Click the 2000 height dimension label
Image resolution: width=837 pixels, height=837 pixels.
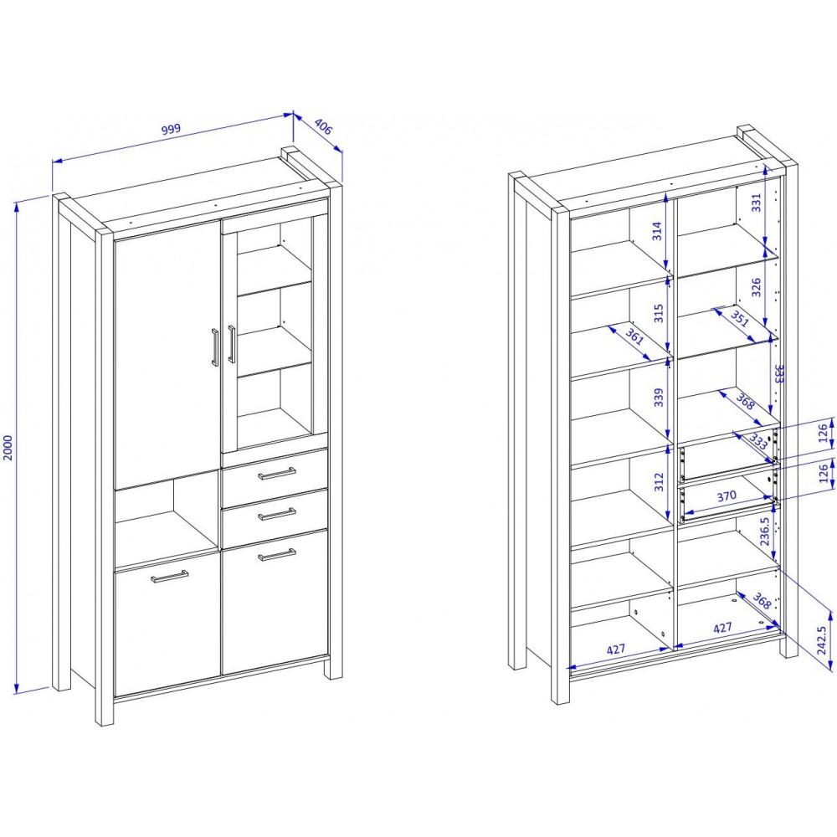pos(8,447)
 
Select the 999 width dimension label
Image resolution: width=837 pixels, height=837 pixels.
pos(172,129)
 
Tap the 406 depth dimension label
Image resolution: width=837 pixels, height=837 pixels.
pos(323,127)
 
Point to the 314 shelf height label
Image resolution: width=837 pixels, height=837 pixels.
pos(657,231)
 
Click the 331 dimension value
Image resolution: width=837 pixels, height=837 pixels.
pos(756,203)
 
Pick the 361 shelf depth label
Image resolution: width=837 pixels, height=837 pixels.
pos(634,337)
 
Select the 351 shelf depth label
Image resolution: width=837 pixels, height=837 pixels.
pos(740,319)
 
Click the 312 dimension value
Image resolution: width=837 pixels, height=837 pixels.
pos(659,482)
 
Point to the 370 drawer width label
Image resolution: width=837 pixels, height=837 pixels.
pos(727,496)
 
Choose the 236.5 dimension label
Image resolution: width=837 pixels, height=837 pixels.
pos(764,531)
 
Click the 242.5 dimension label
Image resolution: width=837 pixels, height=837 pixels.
pos(821,640)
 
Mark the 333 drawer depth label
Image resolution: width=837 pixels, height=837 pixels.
pos(758,441)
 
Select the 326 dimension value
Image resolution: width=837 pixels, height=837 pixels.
pos(756,287)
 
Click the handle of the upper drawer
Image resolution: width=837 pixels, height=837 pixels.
pos(276,474)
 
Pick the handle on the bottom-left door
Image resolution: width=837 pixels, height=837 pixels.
pos(169,577)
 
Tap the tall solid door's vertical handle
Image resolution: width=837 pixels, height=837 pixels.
pos(214,347)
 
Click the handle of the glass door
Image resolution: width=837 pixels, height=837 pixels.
pos(231,344)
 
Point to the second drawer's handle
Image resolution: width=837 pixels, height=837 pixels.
pos(276,514)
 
